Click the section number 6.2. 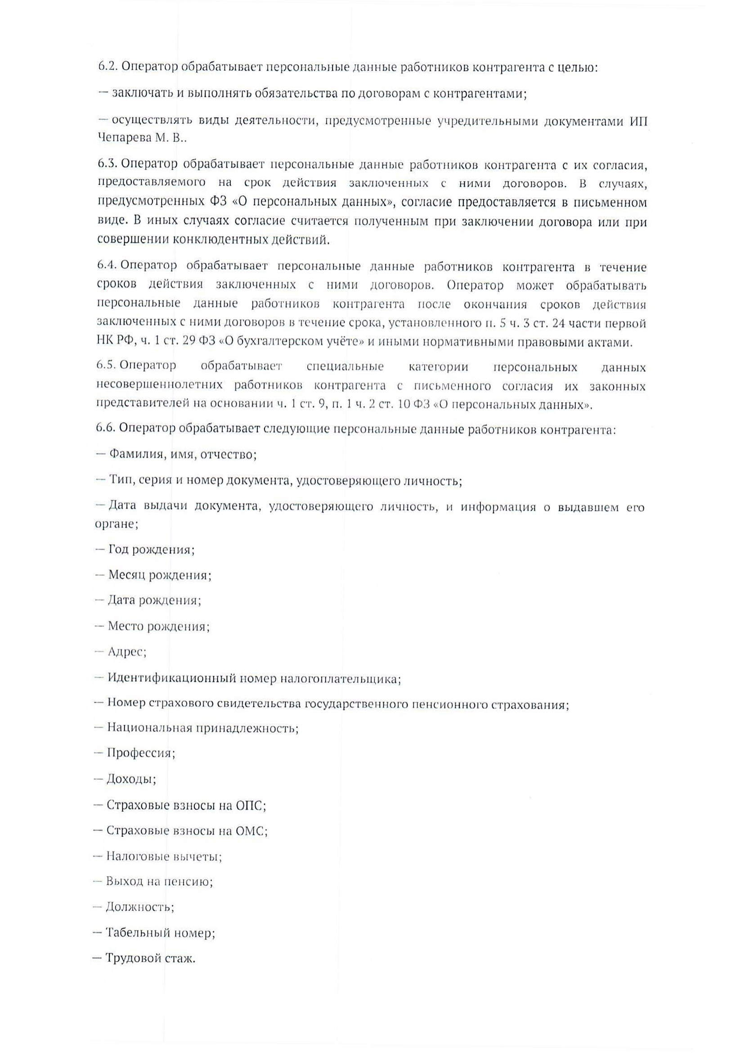tap(108, 68)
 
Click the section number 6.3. tap(108, 164)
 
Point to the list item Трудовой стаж tap(150, 958)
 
